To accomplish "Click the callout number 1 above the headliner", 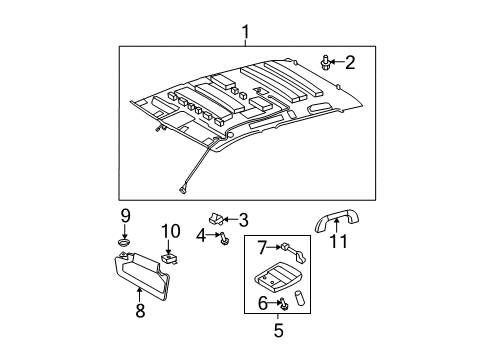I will click(245, 35).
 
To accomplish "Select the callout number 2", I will click(350, 62).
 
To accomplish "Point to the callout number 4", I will click(200, 235).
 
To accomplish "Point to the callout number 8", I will click(140, 310).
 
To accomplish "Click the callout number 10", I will click(169, 232).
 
